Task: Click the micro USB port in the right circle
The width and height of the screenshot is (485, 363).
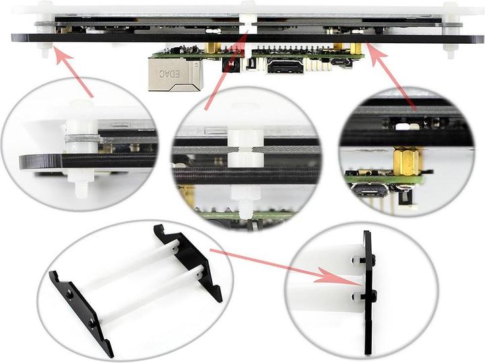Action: pyautogui.click(x=370, y=191)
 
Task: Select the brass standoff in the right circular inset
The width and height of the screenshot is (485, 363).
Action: pyautogui.click(x=406, y=162)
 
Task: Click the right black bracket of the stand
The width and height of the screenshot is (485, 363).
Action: pyautogui.click(x=189, y=262)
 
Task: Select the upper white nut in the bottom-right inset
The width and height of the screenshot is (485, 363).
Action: pyautogui.click(x=356, y=260)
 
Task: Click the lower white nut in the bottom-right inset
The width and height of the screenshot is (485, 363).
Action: pyautogui.click(x=356, y=296)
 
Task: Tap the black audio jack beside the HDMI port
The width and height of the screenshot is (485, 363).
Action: pyautogui.click(x=230, y=66)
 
